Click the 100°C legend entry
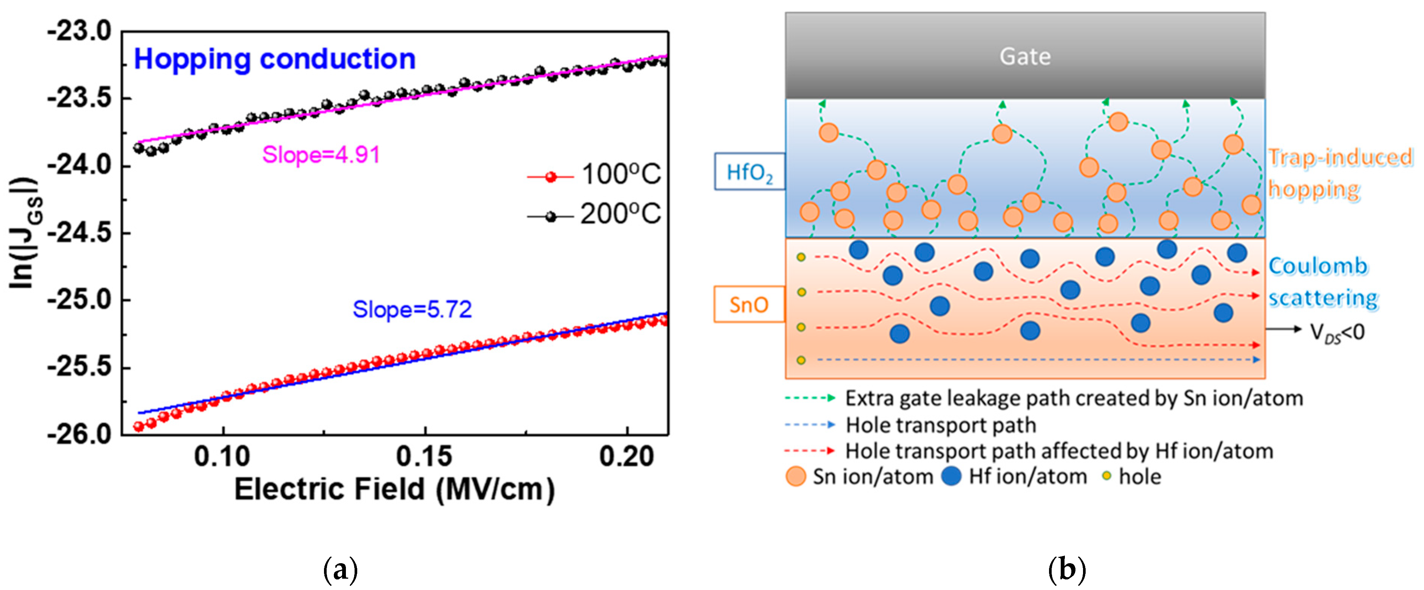tap(594, 175)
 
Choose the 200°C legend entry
tap(594, 214)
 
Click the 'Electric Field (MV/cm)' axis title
tap(394, 489)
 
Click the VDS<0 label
tap(1337, 333)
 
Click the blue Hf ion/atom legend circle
tap(951, 476)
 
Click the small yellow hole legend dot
tap(1106, 476)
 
